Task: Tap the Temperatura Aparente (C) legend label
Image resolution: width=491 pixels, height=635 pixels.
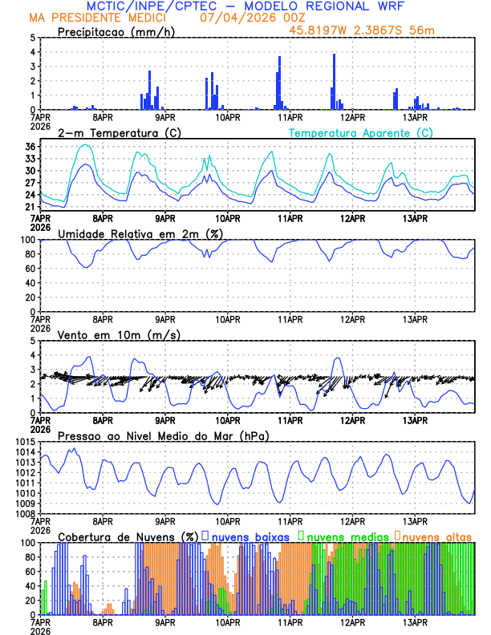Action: coord(360,132)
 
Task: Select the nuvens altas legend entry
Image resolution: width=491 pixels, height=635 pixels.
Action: coord(436,536)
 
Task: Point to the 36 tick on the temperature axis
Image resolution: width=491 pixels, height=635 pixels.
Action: coord(30,147)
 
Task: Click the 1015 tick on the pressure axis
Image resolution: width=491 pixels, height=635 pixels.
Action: coord(24,442)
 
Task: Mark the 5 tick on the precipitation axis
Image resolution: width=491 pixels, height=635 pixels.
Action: coord(33,38)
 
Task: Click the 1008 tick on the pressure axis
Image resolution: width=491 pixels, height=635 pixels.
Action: coord(24,514)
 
